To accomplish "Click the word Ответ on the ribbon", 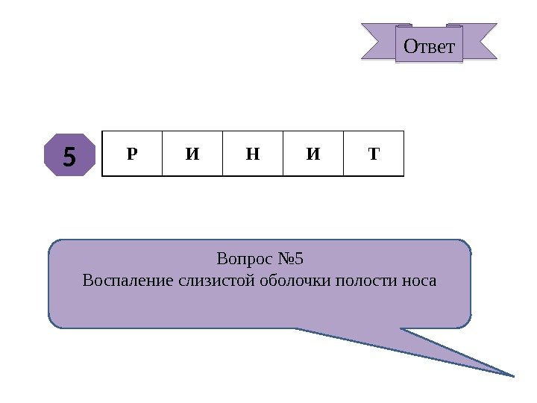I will point(429,46).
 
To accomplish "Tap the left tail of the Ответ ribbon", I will point(377,40).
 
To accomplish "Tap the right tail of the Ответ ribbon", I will point(480,40).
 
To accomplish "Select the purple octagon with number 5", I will point(69,156).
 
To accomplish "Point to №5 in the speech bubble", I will point(289,260).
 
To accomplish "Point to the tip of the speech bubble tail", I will point(515,375).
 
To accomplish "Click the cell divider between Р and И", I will point(162,154).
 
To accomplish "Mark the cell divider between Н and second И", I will point(283,154).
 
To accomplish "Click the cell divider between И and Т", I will point(344,154).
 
